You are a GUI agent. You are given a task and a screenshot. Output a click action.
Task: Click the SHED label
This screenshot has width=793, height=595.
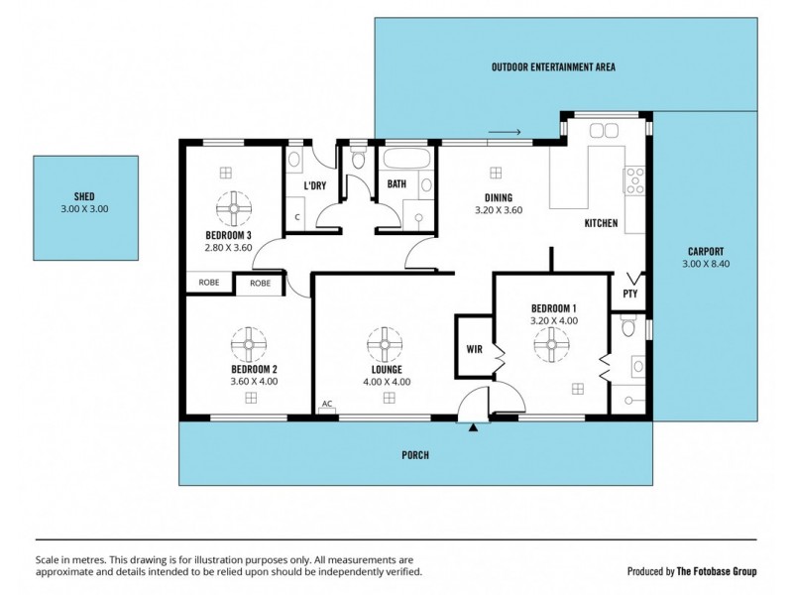pos(84,196)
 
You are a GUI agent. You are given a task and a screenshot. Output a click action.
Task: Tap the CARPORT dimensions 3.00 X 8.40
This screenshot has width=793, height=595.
pos(706,264)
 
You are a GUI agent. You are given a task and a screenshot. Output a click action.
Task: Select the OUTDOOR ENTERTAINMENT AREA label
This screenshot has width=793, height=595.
pos(553,66)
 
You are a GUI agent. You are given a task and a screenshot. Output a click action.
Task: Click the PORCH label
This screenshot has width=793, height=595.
pos(415,455)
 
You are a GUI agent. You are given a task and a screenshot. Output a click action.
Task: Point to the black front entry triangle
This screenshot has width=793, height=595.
pos(473,428)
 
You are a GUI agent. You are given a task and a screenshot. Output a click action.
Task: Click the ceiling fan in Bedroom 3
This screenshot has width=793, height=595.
pos(234,208)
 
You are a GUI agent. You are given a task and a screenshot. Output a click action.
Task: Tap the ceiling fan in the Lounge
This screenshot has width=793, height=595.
pos(385,344)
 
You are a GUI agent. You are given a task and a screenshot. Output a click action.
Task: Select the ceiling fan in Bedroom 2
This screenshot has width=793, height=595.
pos(249,344)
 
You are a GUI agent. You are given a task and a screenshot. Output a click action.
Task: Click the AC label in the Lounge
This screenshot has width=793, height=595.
pos(327,404)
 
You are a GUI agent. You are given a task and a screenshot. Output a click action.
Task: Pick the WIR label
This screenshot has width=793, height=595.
pos(475,349)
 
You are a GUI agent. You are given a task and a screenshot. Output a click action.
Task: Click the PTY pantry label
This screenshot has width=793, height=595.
pos(630,294)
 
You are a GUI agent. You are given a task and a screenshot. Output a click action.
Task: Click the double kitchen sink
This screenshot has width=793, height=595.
pos(604,130)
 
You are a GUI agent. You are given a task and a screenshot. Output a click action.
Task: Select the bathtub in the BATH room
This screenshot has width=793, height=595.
pos(406,158)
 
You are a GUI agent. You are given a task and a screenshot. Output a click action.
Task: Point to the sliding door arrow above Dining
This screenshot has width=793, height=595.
pos(505,133)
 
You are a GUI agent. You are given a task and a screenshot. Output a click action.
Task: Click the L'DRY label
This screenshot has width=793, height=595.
pos(314,185)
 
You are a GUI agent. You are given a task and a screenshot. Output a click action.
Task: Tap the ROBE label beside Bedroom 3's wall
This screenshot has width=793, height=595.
pos(209,283)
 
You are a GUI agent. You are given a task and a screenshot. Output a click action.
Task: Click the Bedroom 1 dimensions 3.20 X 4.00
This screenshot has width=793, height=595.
pos(554,320)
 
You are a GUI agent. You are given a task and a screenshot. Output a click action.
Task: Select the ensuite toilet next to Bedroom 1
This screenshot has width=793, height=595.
pos(628,326)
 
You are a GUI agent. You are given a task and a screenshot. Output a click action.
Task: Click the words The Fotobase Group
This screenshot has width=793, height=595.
pos(717,571)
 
